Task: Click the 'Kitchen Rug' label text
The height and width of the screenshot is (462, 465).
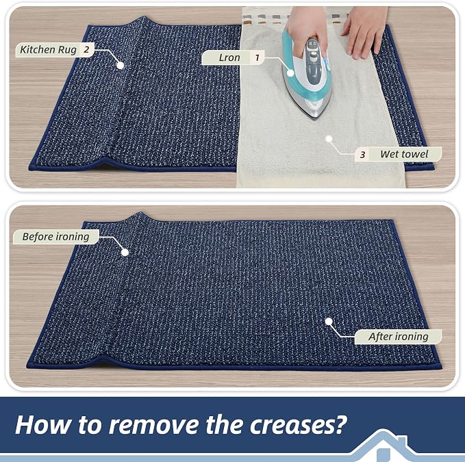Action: pyautogui.click(x=48, y=50)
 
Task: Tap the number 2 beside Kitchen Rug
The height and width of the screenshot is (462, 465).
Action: pyautogui.click(x=86, y=49)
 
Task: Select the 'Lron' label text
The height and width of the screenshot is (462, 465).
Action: pyautogui.click(x=229, y=57)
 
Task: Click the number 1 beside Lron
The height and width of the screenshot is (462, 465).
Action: pyautogui.click(x=257, y=57)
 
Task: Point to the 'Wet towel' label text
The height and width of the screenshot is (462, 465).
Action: pyautogui.click(x=404, y=154)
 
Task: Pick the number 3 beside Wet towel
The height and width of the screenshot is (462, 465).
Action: pyautogui.click(x=362, y=155)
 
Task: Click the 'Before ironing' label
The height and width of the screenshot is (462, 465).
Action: pyautogui.click(x=55, y=237)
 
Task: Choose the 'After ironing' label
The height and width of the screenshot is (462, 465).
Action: pyautogui.click(x=399, y=337)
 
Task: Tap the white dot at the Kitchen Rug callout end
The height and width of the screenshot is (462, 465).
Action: pyautogui.click(x=120, y=65)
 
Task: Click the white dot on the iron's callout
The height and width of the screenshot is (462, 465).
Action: pyautogui.click(x=290, y=73)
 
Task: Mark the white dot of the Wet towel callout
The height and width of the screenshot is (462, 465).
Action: pyautogui.click(x=329, y=139)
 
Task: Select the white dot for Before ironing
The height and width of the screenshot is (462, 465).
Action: pyautogui.click(x=125, y=253)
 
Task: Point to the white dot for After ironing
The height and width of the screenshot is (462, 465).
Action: pyautogui.click(x=329, y=321)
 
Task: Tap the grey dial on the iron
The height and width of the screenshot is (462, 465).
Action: pyautogui.click(x=312, y=55)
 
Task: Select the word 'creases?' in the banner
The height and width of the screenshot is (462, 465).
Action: pyautogui.click(x=299, y=424)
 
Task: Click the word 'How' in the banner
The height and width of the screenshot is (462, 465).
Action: pyautogui.click(x=43, y=424)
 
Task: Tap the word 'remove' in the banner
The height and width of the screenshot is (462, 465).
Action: pyautogui.click(x=154, y=425)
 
